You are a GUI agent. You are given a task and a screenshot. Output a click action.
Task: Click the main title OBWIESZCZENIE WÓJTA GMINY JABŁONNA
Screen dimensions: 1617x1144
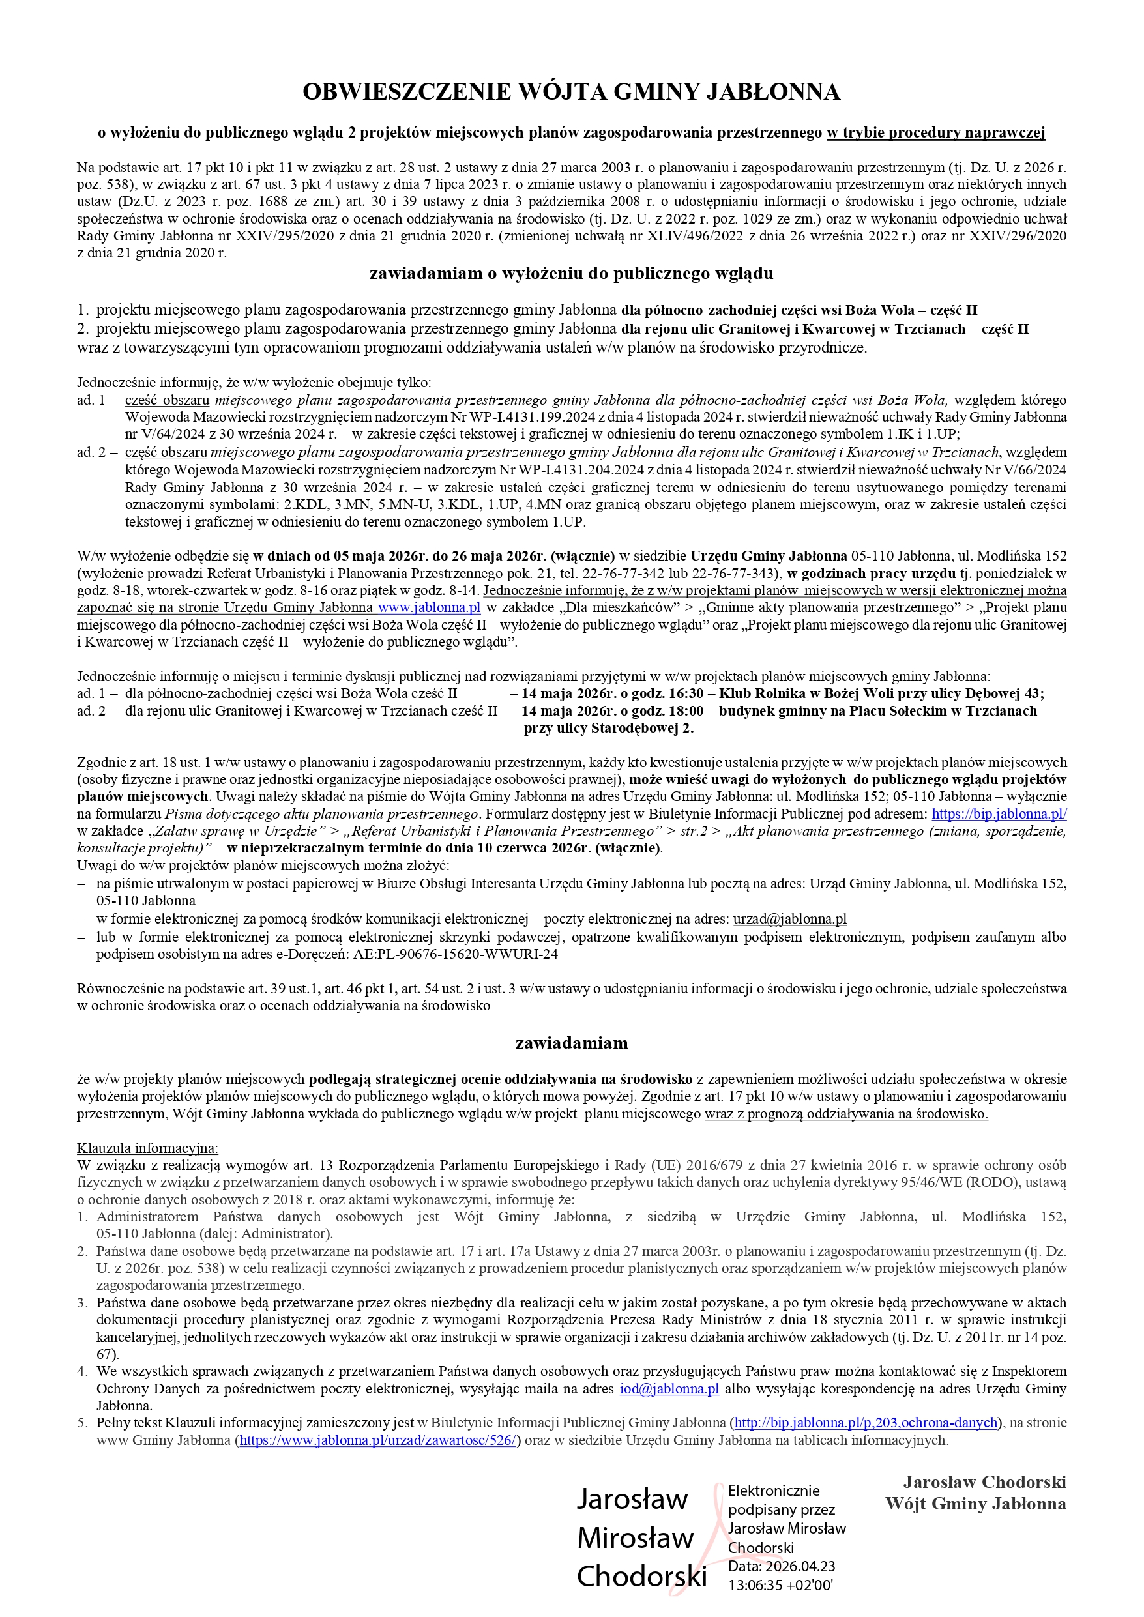(571, 91)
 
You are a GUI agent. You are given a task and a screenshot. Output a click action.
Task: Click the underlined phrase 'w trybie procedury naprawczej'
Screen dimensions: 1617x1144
(935, 132)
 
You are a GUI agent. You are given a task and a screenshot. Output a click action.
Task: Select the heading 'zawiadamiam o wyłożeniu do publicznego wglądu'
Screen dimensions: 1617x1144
(571, 273)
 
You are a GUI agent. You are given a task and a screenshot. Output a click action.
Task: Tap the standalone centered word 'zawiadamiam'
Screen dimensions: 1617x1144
(571, 1042)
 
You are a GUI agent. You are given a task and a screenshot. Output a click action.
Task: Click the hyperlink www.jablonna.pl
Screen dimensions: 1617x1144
(429, 607)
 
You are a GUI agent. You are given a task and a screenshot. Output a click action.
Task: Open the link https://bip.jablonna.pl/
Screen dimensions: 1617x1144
(999, 813)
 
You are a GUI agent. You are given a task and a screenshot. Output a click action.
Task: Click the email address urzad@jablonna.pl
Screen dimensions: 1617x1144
(789, 918)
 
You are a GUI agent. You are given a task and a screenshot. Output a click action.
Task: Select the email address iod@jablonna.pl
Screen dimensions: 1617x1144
(669, 1389)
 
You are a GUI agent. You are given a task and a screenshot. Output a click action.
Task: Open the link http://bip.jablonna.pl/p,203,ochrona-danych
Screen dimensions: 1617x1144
(866, 1423)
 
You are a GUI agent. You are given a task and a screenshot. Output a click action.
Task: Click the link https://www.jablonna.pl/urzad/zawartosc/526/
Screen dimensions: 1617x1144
(379, 1440)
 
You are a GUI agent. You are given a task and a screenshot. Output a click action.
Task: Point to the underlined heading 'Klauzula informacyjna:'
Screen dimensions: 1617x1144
(147, 1148)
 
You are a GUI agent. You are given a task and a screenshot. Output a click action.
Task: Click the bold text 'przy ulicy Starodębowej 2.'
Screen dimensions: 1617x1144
(609, 728)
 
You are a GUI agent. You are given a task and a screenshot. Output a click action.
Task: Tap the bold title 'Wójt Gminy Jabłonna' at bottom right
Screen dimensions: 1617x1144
(975, 1504)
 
